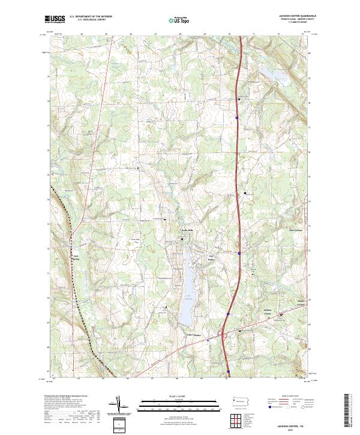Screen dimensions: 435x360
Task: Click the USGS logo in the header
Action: (55, 20)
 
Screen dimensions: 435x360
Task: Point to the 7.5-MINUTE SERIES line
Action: (300, 25)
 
